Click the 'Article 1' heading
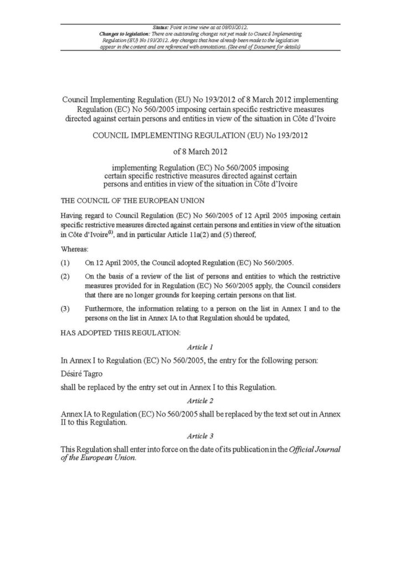click(x=200, y=347)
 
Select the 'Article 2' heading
click(x=200, y=400)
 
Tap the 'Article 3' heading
click(x=200, y=436)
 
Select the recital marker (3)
click(x=65, y=307)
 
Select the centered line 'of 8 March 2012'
click(x=200, y=151)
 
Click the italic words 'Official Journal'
click(x=312, y=449)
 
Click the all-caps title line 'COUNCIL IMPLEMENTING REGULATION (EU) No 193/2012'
click(x=200, y=135)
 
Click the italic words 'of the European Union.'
click(x=97, y=458)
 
